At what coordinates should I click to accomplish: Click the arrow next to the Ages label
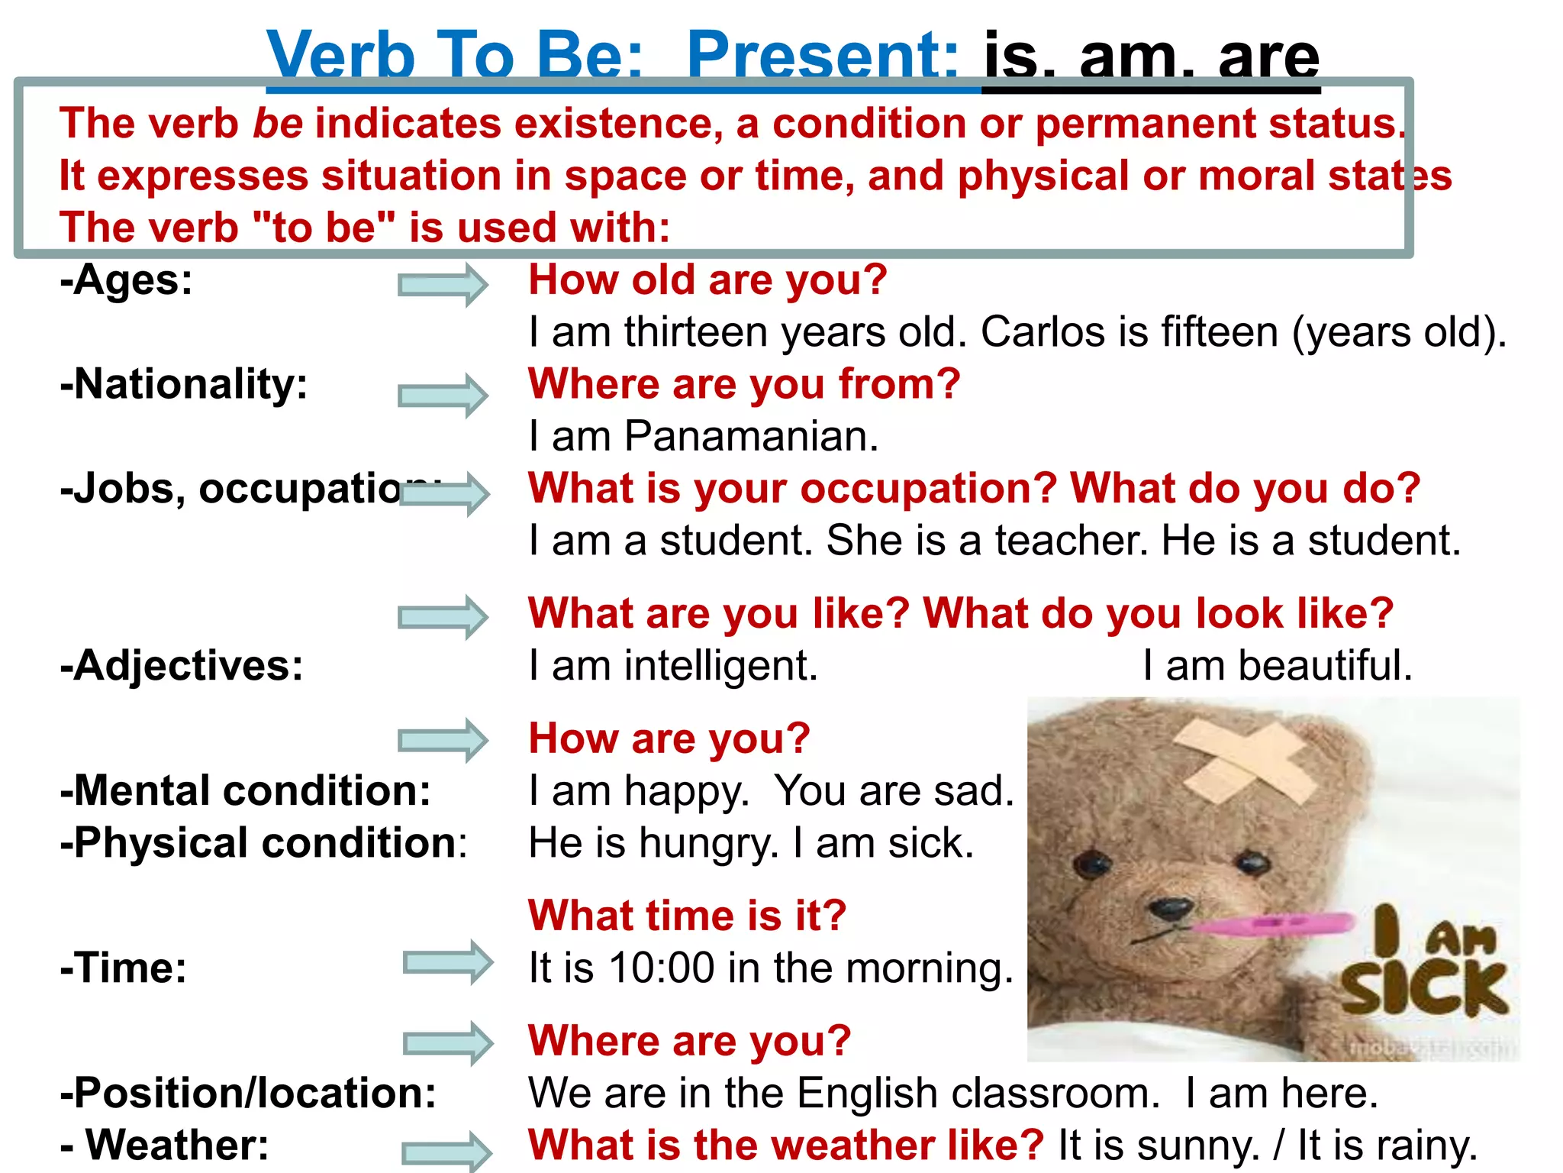(443, 285)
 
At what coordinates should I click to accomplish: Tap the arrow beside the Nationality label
(443, 396)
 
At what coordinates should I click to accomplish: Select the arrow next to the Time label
(448, 962)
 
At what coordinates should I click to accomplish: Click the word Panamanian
(750, 437)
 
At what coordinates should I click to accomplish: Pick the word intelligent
(720, 666)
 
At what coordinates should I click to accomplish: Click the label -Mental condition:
(245, 790)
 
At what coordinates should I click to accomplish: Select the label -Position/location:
(248, 1093)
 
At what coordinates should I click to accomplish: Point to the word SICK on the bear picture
(1424, 989)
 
